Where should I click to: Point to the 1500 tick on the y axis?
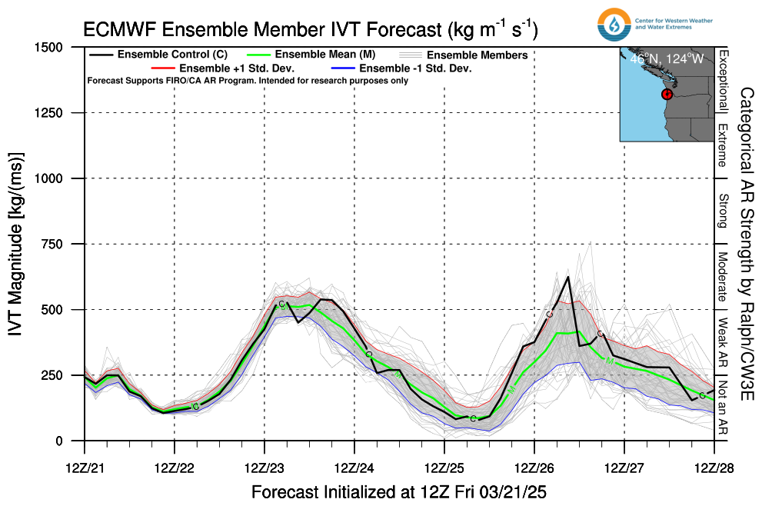click(x=58, y=48)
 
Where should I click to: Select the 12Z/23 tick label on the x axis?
click(x=265, y=468)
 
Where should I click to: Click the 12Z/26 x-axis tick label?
click(x=534, y=468)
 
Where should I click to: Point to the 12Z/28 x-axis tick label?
click(x=714, y=468)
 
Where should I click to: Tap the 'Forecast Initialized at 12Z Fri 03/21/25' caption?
click(x=398, y=491)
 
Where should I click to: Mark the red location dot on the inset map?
click(x=667, y=94)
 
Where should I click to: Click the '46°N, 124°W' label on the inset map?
click(x=667, y=58)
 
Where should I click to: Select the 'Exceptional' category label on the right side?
click(x=723, y=80)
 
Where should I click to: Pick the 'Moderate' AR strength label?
click(x=723, y=275)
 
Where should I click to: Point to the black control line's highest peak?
click(x=567, y=277)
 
